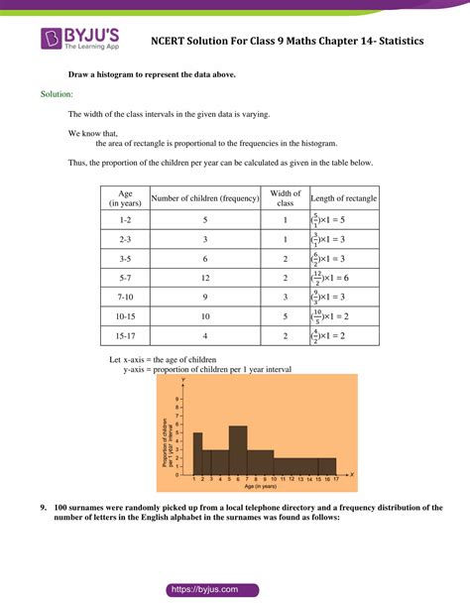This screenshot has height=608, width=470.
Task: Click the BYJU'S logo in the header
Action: coord(78,39)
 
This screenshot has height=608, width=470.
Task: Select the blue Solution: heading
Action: coord(57,94)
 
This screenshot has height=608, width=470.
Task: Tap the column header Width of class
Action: coord(286,198)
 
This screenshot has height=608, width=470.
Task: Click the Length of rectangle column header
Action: coord(342,198)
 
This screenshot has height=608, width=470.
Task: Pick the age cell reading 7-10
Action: coord(126,297)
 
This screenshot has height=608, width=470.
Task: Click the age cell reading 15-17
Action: coord(126,336)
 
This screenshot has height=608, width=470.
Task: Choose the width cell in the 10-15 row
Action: coord(286,316)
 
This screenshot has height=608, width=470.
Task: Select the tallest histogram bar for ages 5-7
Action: coord(238,451)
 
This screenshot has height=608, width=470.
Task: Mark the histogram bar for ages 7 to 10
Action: coord(260,462)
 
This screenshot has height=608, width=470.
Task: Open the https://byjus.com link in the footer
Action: coord(235,588)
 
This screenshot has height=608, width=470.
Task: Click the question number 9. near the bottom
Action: coord(45,507)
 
